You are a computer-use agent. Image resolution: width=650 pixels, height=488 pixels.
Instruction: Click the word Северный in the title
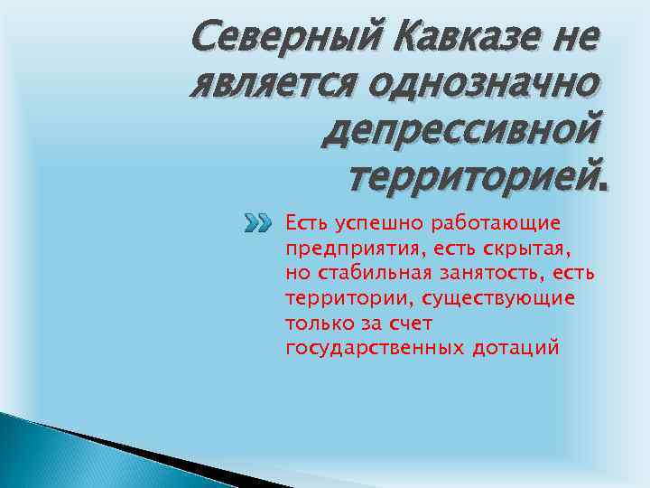[x=282, y=39]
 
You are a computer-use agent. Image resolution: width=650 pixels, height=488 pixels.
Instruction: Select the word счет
[x=413, y=322]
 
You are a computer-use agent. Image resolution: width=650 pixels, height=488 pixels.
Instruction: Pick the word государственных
[x=375, y=347]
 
